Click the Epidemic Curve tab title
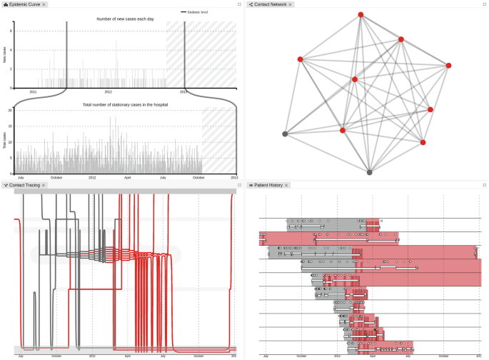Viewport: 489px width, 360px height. coord(24,4)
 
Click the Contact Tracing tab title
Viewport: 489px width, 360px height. coord(24,185)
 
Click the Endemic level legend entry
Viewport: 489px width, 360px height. coord(197,12)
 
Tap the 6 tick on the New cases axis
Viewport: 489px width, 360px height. coord(12,31)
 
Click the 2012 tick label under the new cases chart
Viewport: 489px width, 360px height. coord(109,92)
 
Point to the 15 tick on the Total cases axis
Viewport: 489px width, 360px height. coord(11,126)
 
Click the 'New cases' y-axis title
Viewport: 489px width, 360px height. coord(4,54)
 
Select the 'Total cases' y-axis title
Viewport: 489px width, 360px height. coord(4,140)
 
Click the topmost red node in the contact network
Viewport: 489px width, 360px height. coord(361,15)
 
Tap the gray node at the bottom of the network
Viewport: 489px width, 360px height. coord(369,172)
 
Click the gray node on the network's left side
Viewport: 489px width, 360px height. coord(285,134)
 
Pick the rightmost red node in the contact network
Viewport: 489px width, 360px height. coord(449,66)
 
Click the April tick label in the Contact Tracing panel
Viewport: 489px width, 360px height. coord(128,355)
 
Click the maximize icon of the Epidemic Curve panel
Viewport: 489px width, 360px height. coord(239,4)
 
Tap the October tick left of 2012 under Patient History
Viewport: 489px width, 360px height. coord(301,355)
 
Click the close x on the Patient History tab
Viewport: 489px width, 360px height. coord(287,185)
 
